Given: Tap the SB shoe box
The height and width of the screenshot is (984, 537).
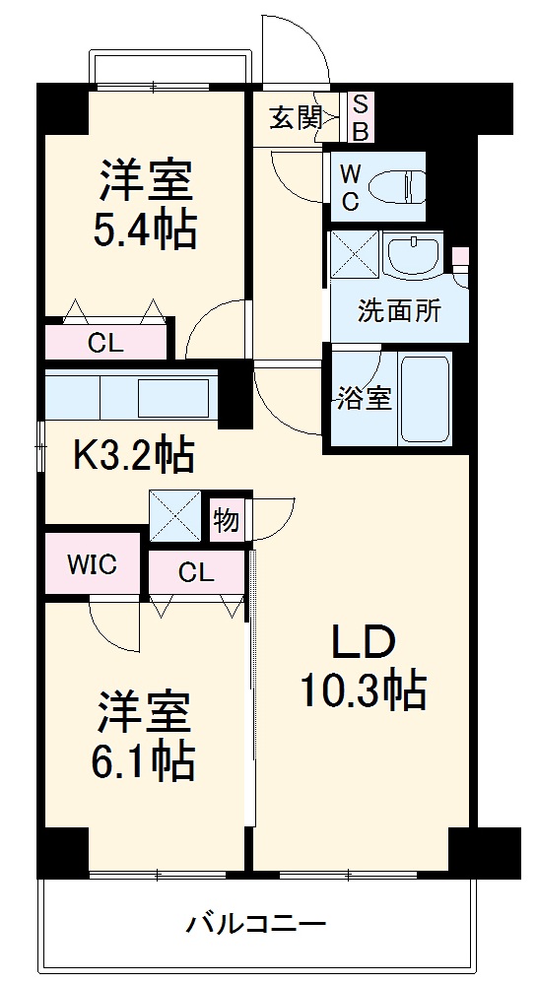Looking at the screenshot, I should coord(360,116).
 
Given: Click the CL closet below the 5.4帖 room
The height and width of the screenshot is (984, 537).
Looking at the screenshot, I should coord(107,343).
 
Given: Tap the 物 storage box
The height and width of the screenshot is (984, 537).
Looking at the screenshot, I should coord(227,520).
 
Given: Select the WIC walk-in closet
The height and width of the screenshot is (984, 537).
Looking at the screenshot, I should coord(92,564).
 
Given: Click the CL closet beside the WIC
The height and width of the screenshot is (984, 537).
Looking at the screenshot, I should coord(196,572).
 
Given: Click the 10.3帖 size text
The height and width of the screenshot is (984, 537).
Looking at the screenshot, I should coord(363,691).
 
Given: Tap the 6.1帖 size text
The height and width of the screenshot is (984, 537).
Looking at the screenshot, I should coord(145,759).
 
